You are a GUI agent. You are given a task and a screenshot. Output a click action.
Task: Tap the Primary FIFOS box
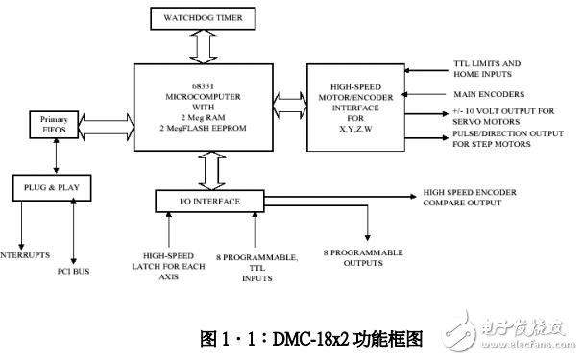click(48, 123)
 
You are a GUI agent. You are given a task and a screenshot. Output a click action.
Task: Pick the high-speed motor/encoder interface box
click(355, 108)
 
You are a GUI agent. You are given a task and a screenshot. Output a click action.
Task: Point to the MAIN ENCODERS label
click(489, 94)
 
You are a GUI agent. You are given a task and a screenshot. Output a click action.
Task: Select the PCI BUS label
click(74, 272)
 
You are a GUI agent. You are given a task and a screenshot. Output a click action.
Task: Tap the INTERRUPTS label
click(25, 255)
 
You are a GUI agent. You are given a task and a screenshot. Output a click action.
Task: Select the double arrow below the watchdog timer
click(199, 46)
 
